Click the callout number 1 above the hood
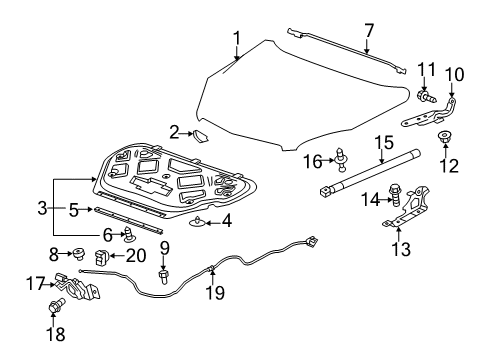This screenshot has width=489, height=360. click(x=237, y=39)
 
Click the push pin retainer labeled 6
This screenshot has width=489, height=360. click(x=129, y=236)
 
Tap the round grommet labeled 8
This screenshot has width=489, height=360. click(x=77, y=255)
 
